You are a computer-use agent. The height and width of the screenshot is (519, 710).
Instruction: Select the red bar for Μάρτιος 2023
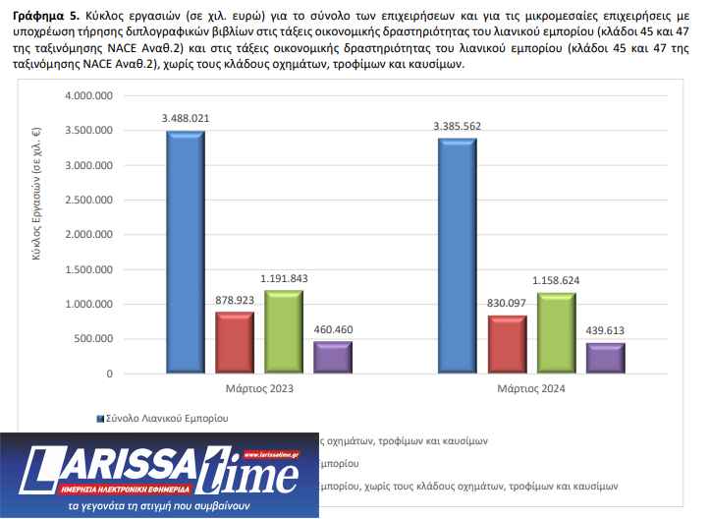click(x=235, y=343)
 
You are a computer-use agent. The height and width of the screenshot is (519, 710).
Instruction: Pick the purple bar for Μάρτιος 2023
click(x=333, y=358)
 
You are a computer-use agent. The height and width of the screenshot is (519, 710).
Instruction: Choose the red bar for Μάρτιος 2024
click(x=507, y=345)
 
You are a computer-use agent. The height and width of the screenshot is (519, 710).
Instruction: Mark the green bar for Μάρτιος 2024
click(x=556, y=333)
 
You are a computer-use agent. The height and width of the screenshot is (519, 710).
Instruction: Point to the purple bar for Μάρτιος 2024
click(x=605, y=359)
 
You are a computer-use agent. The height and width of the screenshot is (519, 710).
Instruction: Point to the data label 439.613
click(x=605, y=331)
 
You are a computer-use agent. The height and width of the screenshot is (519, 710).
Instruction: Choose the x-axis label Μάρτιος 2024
click(x=531, y=389)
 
